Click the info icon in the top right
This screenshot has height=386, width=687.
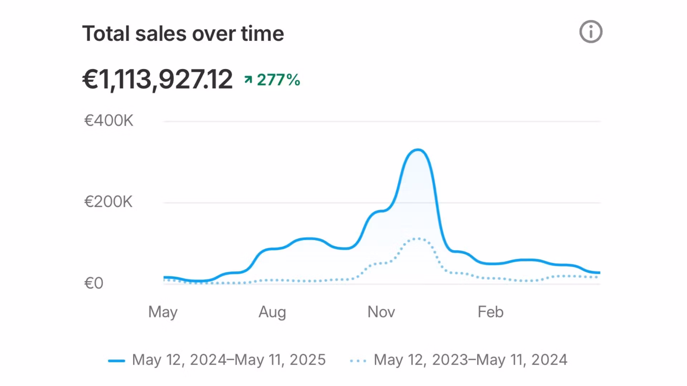591,32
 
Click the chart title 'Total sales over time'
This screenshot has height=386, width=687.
183,34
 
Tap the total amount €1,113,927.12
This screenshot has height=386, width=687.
157,79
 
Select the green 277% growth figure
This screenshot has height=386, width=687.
278,80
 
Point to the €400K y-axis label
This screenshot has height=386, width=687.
108,121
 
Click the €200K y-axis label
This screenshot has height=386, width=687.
108,202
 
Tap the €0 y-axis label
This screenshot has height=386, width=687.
94,283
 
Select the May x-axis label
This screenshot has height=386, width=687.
163,312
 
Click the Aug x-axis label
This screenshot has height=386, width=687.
272,312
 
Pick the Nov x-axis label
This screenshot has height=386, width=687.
381,312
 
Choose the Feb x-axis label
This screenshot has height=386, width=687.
491,312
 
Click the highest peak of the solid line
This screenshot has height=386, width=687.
417,150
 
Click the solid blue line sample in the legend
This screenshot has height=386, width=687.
117,361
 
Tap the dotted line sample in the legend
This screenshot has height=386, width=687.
358,361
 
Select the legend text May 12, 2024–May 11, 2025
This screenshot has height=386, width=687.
229,360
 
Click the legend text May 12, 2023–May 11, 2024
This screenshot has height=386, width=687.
471,360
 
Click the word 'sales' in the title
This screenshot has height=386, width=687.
161,34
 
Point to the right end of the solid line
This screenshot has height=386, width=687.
599,273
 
